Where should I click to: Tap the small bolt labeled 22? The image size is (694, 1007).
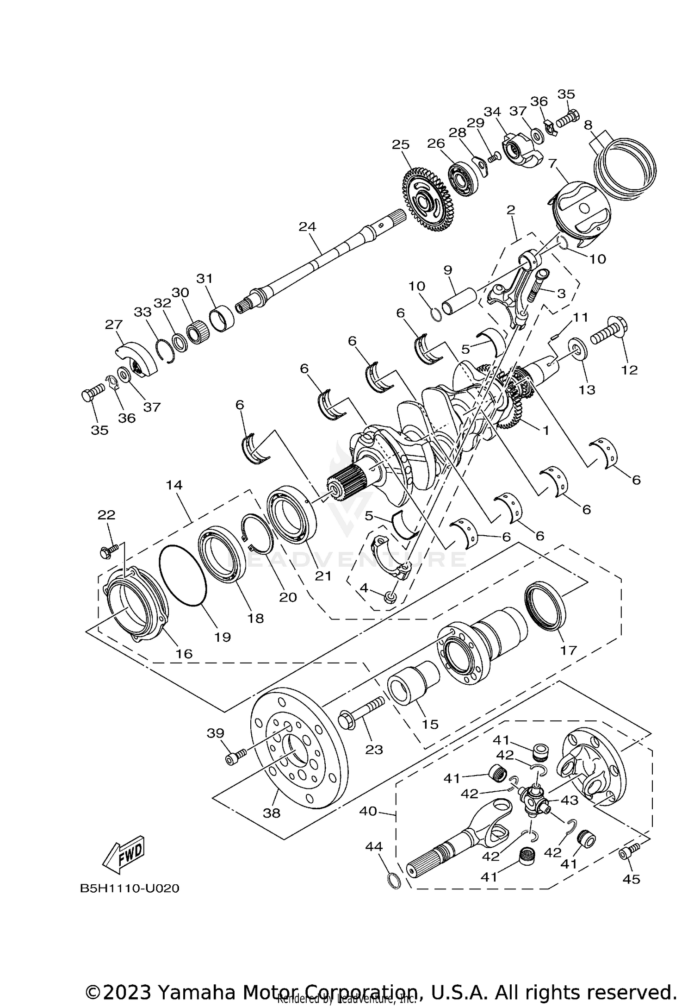coord(108,550)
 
